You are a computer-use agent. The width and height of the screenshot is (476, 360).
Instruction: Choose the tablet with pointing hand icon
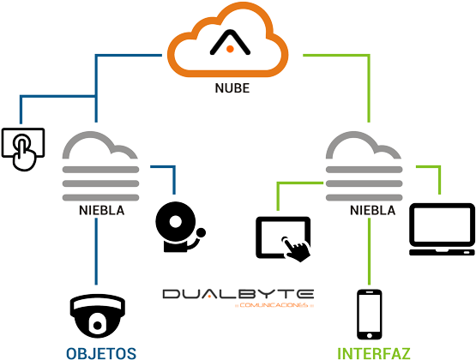point(285,239)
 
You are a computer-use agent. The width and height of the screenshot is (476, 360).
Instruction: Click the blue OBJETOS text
point(100,351)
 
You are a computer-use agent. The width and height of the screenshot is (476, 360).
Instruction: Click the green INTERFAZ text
point(374,352)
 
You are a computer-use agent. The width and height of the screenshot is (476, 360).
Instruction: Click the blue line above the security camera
point(96,253)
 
